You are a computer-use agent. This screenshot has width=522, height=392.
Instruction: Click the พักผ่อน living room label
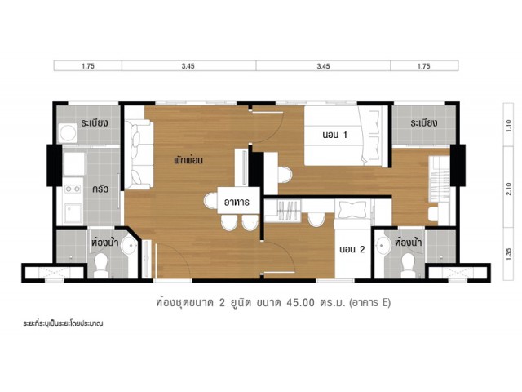click(188, 160)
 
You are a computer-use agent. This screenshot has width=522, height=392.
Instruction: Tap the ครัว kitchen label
click(100, 189)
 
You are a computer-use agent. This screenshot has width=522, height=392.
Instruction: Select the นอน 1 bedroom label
click(335, 135)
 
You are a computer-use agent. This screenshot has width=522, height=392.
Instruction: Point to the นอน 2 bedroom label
click(352, 249)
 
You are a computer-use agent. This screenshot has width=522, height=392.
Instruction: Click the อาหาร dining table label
click(237, 202)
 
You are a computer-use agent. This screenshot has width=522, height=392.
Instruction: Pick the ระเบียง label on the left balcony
click(95, 122)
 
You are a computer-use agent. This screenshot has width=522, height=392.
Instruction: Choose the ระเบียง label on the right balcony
click(424, 122)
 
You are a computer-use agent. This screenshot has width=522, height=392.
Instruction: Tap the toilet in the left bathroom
click(101, 265)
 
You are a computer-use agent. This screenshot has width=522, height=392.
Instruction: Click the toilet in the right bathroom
click(408, 265)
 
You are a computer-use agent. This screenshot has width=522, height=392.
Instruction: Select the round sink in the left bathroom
click(129, 246)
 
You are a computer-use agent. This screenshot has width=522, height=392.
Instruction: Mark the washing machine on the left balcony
click(68, 133)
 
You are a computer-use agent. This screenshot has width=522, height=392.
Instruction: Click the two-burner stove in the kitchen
click(73, 189)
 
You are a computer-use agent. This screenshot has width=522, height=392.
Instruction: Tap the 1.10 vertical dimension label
click(508, 127)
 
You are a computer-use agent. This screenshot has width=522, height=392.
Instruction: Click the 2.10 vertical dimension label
click(508, 189)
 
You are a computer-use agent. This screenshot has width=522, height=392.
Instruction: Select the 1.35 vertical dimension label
click(508, 254)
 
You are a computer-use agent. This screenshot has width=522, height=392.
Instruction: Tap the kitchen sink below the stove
click(73, 213)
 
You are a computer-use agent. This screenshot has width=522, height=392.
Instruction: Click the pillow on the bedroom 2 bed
click(352, 209)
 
